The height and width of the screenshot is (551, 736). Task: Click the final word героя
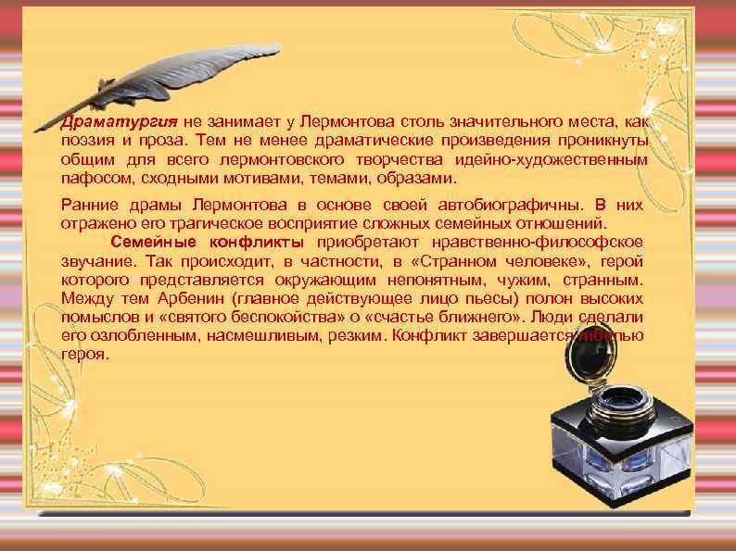(x=83, y=354)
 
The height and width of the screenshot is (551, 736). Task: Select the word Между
(x=86, y=298)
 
